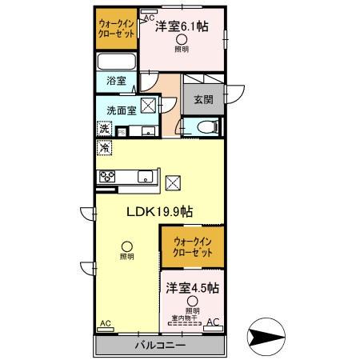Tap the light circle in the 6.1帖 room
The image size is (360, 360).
[182, 40]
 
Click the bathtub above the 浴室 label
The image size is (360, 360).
[118, 63]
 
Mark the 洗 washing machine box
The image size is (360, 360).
[103, 130]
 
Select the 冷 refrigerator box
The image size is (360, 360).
[103, 148]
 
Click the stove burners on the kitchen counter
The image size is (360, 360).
[106, 178]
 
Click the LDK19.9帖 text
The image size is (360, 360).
[157, 212]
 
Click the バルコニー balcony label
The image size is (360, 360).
[160, 346]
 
